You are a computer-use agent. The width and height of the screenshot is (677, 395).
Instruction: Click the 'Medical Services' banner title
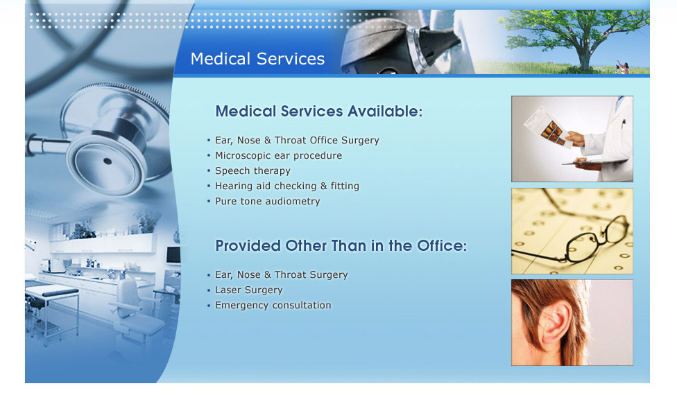(257, 59)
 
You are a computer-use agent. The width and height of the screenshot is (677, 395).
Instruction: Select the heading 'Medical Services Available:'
(318, 112)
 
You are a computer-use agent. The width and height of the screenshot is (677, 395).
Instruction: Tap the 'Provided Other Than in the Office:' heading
(341, 246)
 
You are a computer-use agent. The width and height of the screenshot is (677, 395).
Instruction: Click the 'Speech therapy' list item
(252, 170)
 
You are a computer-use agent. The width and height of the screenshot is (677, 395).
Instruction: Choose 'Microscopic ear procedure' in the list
(278, 155)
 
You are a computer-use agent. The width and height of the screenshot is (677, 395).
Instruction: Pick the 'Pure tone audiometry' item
(268, 202)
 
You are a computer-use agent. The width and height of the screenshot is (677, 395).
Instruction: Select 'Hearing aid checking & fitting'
(287, 186)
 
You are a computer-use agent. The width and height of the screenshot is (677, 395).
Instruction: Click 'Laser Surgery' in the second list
(249, 290)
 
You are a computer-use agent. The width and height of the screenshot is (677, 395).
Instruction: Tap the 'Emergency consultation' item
(273, 306)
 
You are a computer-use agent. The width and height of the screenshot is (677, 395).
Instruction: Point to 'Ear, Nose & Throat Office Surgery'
(297, 140)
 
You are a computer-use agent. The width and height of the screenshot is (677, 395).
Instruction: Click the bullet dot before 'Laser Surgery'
(209, 290)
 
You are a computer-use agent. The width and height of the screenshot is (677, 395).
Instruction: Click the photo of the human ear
(572, 322)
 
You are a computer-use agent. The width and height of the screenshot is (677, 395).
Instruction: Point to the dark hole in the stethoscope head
(108, 161)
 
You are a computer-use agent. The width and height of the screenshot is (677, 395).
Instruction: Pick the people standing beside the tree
(622, 67)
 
